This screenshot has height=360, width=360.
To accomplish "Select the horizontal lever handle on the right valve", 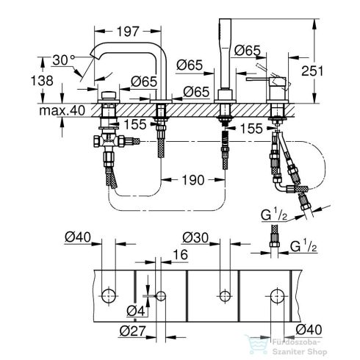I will [267, 76].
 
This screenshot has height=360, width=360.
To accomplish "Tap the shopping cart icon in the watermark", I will [258, 345].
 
